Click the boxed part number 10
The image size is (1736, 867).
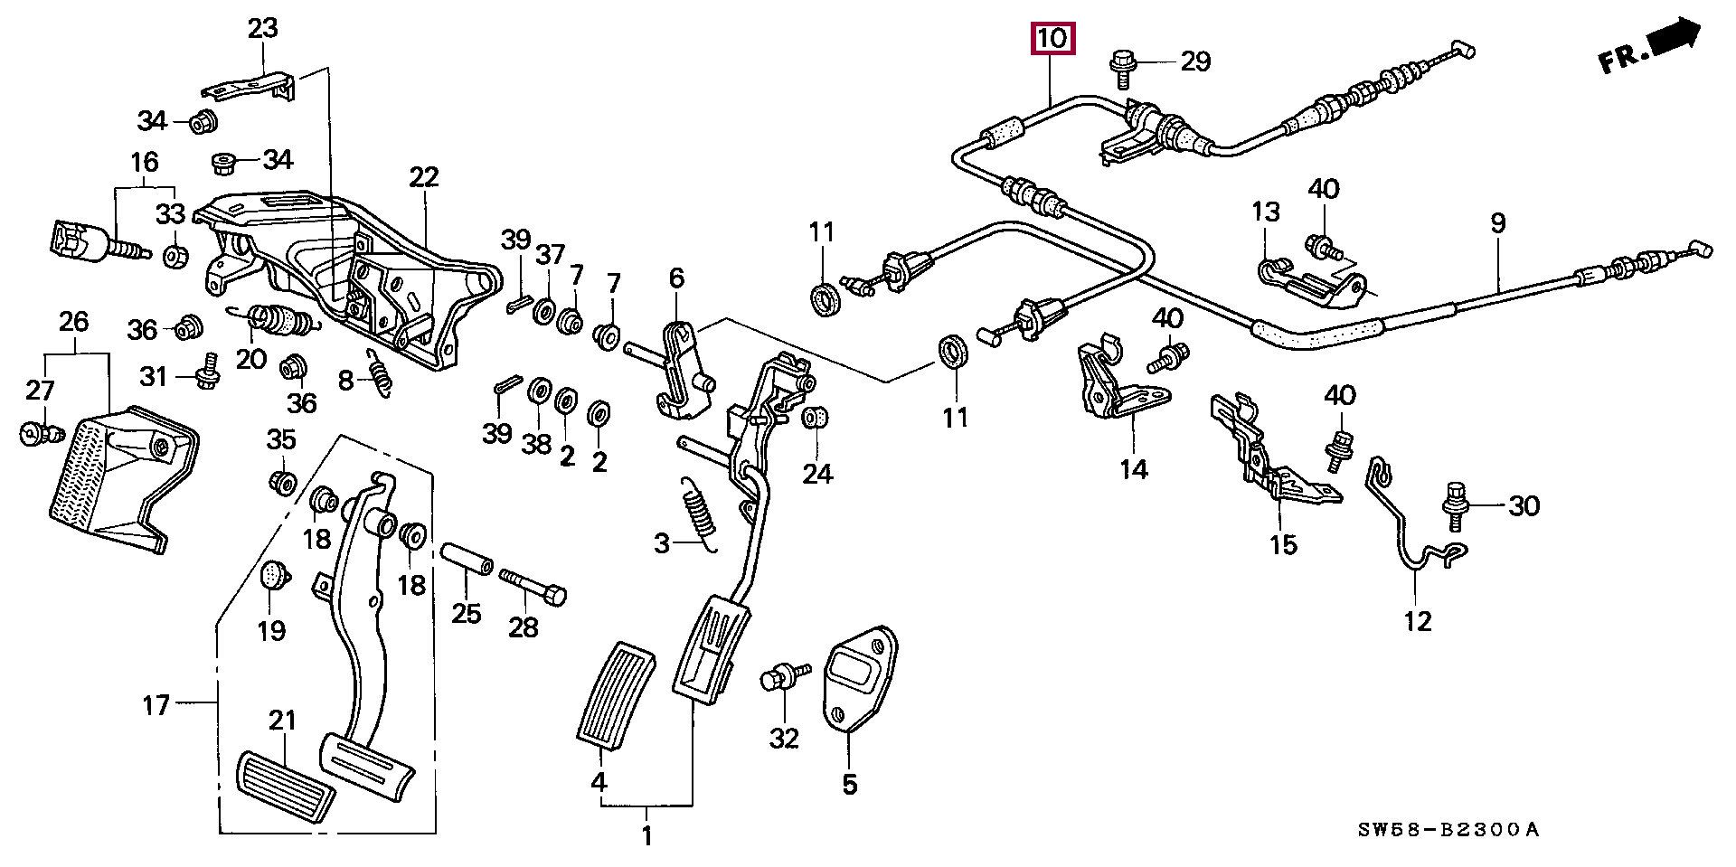click(x=1052, y=40)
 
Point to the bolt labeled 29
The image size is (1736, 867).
click(x=1121, y=66)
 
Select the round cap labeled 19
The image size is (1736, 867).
click(x=272, y=575)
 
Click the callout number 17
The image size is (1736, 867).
click(x=156, y=704)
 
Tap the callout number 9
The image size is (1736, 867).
click(x=1498, y=222)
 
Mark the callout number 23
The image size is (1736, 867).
click(x=263, y=29)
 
